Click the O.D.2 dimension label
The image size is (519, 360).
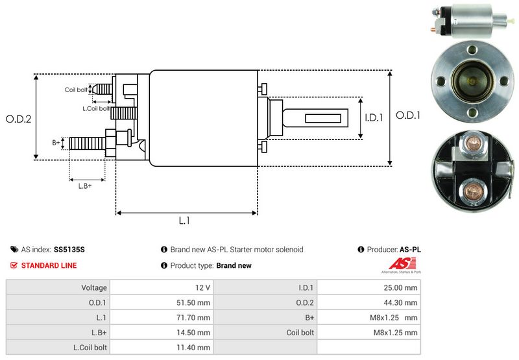pyautogui.click(x=19, y=119)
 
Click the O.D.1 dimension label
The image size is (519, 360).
pyautogui.click(x=409, y=115)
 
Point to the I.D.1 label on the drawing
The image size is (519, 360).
pyautogui.click(x=374, y=117)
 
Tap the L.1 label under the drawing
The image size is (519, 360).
pyautogui.click(x=184, y=221)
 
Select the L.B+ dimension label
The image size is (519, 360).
pyautogui.click(x=85, y=186)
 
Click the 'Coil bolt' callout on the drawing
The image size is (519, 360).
pyautogui.click(x=76, y=90)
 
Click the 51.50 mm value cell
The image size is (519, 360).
pyautogui.click(x=195, y=302)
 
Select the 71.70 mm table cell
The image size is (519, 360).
pyautogui.click(x=195, y=317)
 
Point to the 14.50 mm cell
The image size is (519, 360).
pyautogui.click(x=195, y=332)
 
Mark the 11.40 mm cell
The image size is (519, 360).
pyautogui.click(x=195, y=347)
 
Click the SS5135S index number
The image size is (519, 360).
pyautogui.click(x=69, y=249)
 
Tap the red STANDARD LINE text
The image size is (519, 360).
pyautogui.click(x=49, y=265)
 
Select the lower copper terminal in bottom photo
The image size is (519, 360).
pyautogui.click(x=473, y=191)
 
